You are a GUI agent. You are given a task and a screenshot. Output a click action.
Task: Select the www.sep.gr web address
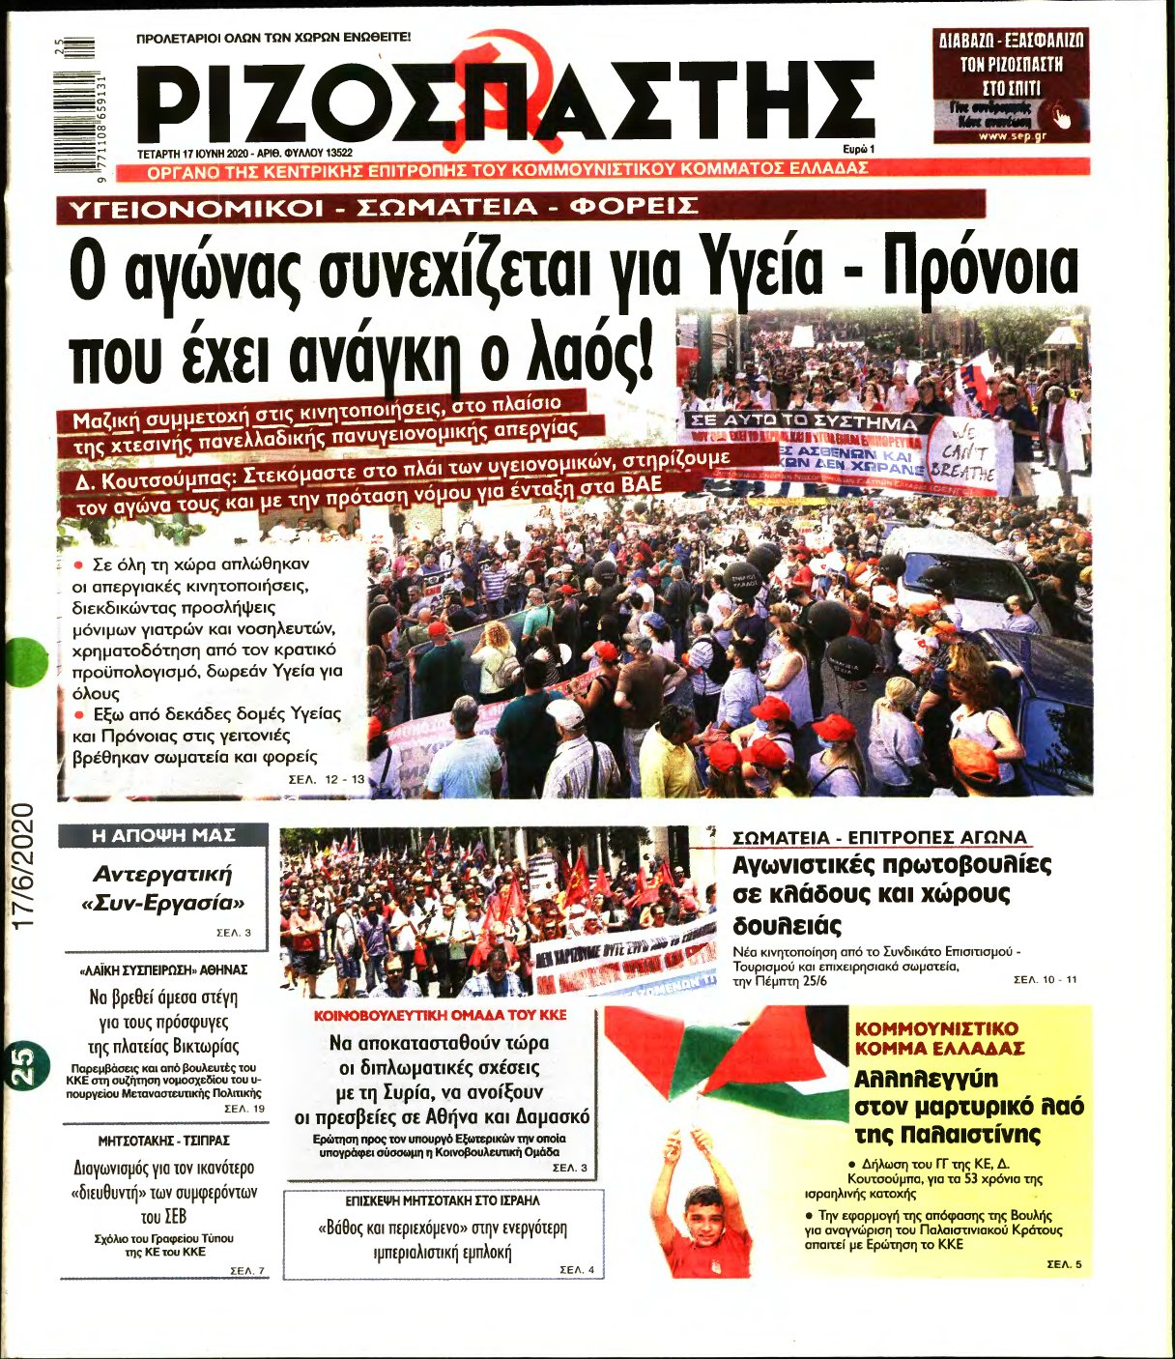click(1012, 135)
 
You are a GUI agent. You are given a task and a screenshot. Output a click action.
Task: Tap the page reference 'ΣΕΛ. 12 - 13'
click(328, 778)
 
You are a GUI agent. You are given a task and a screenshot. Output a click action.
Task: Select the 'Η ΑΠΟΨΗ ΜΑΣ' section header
click(162, 835)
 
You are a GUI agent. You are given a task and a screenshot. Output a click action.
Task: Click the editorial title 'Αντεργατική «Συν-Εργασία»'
click(162, 888)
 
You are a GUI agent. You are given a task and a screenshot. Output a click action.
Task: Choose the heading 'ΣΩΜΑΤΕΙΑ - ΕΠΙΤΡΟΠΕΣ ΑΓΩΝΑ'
click(879, 837)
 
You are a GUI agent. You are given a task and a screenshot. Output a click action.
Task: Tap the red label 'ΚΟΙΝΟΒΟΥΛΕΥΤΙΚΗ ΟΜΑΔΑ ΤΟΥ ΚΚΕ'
click(441, 1016)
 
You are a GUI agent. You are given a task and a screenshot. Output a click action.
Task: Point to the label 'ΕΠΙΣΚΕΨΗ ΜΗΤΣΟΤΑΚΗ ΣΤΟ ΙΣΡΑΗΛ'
click(443, 1200)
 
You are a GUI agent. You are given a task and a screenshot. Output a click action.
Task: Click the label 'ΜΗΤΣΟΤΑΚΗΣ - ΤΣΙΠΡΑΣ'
click(163, 1141)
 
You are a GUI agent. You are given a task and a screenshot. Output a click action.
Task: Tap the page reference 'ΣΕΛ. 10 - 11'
click(1045, 980)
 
